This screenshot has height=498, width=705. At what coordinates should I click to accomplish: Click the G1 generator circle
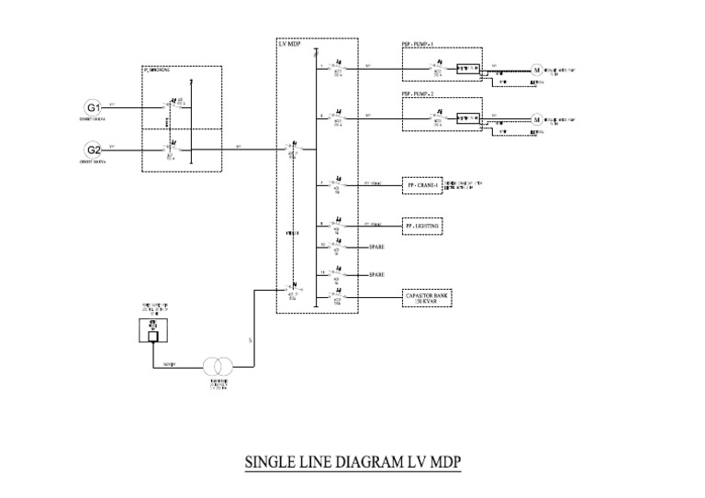tap(94, 107)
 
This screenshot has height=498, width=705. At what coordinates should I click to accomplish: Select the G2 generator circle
tap(94, 149)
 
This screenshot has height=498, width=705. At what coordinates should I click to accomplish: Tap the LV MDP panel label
tap(290, 44)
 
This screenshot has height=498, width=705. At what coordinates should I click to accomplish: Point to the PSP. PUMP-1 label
tap(419, 45)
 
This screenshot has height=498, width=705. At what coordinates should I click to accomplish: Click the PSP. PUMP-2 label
tap(419, 94)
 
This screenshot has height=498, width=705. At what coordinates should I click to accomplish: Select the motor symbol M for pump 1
tap(538, 69)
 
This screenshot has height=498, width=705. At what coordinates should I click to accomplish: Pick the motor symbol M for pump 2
tap(538, 118)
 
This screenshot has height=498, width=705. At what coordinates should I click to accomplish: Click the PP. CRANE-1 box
tap(421, 186)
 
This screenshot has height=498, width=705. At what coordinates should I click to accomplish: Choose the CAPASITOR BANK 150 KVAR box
tap(429, 297)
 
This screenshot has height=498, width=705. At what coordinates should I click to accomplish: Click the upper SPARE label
tap(376, 248)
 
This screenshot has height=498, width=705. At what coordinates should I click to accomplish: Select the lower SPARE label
tap(376, 275)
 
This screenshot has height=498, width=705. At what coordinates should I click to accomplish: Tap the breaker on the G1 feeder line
tap(170, 107)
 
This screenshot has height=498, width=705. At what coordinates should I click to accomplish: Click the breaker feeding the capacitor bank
tap(337, 297)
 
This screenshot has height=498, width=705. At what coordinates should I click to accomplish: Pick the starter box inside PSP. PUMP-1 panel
tap(468, 69)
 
